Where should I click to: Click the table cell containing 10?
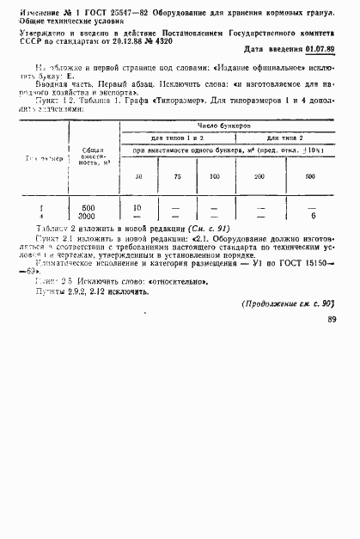click(137, 208)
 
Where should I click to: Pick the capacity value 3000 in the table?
click(88, 216)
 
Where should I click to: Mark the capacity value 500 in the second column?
click(88, 208)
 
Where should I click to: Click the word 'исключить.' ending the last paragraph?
click(130, 291)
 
